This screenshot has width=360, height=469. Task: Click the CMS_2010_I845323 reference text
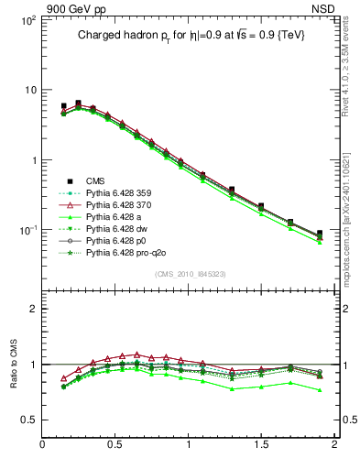(x=189, y=274)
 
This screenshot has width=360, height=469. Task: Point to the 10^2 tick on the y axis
(x=27, y=19)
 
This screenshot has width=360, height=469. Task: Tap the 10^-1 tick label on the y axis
(x=27, y=231)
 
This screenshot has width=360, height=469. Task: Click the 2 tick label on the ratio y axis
(x=30, y=309)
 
